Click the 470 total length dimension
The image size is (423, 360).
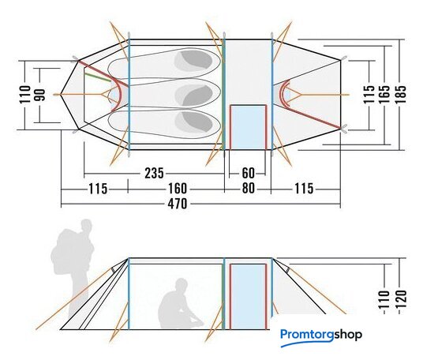(178, 204)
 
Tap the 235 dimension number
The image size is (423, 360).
(154, 173)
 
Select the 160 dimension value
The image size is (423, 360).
(178, 189)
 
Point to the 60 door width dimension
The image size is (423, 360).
(248, 173)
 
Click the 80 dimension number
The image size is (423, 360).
(248, 189)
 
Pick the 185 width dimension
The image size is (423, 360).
(400, 94)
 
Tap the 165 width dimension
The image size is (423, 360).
(384, 94)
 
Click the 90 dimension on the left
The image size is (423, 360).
(40, 95)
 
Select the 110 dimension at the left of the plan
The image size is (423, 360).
(25, 94)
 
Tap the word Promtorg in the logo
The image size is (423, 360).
(307, 336)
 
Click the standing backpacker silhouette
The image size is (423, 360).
(73, 267)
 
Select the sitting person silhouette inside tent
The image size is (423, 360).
(179, 305)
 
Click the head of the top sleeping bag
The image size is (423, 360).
(197, 60)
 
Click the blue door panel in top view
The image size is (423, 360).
(248, 127)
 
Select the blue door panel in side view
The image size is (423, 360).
(248, 297)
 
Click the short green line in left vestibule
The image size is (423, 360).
(98, 77)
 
